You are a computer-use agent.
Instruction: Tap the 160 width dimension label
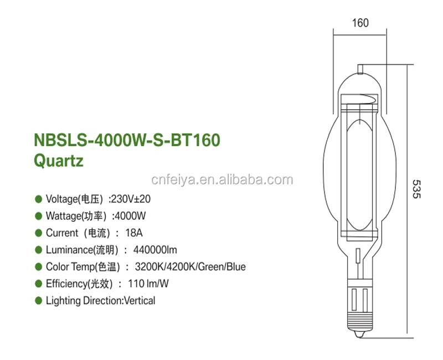[x=360, y=23]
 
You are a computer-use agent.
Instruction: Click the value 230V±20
[x=131, y=198]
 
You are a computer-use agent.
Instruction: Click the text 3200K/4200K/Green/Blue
[x=190, y=267]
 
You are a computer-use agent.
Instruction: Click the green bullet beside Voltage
[x=38, y=198]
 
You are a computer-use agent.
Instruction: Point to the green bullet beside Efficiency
[x=38, y=284]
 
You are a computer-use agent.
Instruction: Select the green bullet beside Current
[x=38, y=233]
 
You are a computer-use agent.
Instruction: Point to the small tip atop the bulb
[x=360, y=68]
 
